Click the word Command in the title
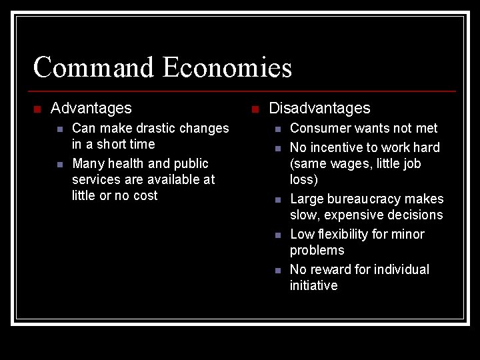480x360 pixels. pyautogui.click(x=94, y=68)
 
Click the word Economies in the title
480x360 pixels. pyautogui.click(x=227, y=68)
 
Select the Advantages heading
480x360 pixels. pyautogui.click(x=91, y=108)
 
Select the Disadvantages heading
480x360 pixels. pyautogui.click(x=319, y=108)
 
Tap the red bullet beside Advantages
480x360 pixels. pyautogui.click(x=37, y=109)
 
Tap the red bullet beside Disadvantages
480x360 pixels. pyautogui.click(x=255, y=109)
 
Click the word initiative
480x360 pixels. pyautogui.click(x=313, y=285)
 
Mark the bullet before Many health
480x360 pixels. pyautogui.click(x=59, y=164)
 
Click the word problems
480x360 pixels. pyautogui.click(x=317, y=250)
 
